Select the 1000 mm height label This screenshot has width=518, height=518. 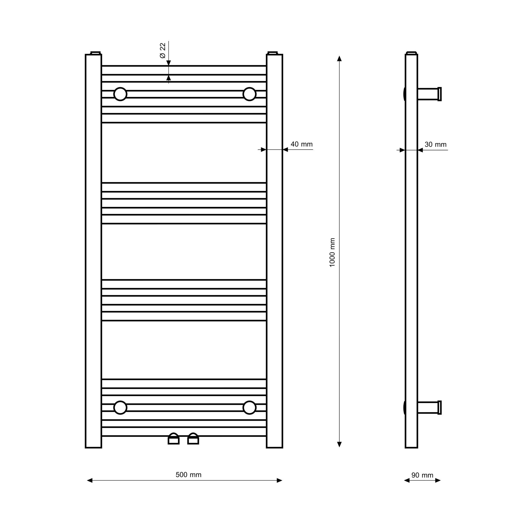332,252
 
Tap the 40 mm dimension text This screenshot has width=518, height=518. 302,144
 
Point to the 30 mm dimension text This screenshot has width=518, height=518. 436,145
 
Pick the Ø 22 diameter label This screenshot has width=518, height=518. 163,51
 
